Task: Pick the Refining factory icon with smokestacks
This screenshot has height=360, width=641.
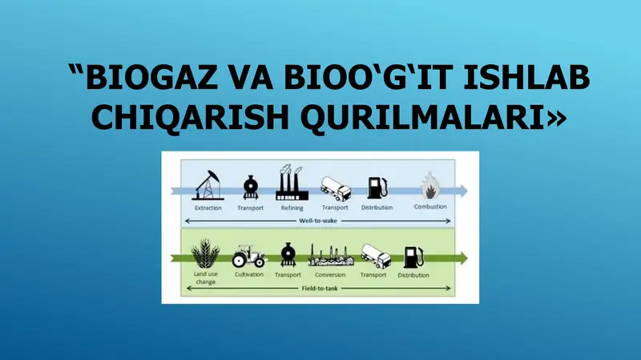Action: click(x=292, y=184)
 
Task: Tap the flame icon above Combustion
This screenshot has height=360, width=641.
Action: click(x=430, y=187)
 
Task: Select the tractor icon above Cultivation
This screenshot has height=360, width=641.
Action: click(x=248, y=256)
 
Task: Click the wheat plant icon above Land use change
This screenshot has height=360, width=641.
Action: click(x=206, y=253)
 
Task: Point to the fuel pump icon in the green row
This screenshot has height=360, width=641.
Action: click(x=413, y=257)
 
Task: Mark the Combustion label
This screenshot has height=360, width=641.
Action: click(x=430, y=208)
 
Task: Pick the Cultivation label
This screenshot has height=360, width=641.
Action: click(x=248, y=275)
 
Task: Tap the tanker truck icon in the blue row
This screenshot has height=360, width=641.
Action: click(x=335, y=187)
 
